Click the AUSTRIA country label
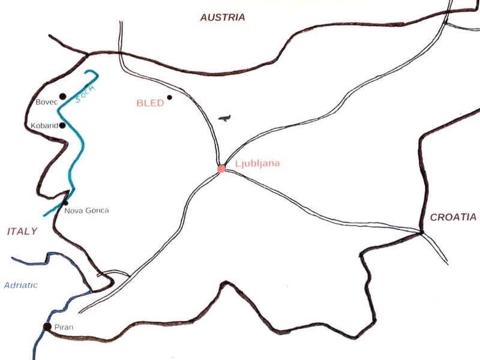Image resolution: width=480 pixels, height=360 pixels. [223, 17]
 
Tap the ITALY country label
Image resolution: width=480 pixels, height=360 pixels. [22, 231]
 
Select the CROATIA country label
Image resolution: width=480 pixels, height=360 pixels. [454, 217]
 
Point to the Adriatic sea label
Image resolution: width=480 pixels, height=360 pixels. [20, 286]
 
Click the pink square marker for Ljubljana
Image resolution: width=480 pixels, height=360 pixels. [221, 169]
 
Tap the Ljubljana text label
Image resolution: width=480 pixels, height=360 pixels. [257, 163]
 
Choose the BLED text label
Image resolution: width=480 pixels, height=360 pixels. [150, 103]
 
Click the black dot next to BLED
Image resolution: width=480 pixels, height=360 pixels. [170, 97]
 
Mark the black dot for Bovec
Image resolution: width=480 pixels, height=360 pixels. [62, 96]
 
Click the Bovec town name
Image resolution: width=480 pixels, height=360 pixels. [46, 103]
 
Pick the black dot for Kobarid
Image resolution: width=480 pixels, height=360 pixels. [62, 125]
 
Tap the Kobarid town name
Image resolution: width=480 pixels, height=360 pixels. [44, 126]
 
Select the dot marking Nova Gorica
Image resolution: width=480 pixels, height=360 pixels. [65, 203]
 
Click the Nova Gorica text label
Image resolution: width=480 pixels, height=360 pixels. [86, 211]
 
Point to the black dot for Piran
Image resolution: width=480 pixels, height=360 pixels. [47, 326]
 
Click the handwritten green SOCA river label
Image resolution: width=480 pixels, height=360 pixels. [85, 94]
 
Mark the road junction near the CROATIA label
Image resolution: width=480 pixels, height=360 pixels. [422, 232]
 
